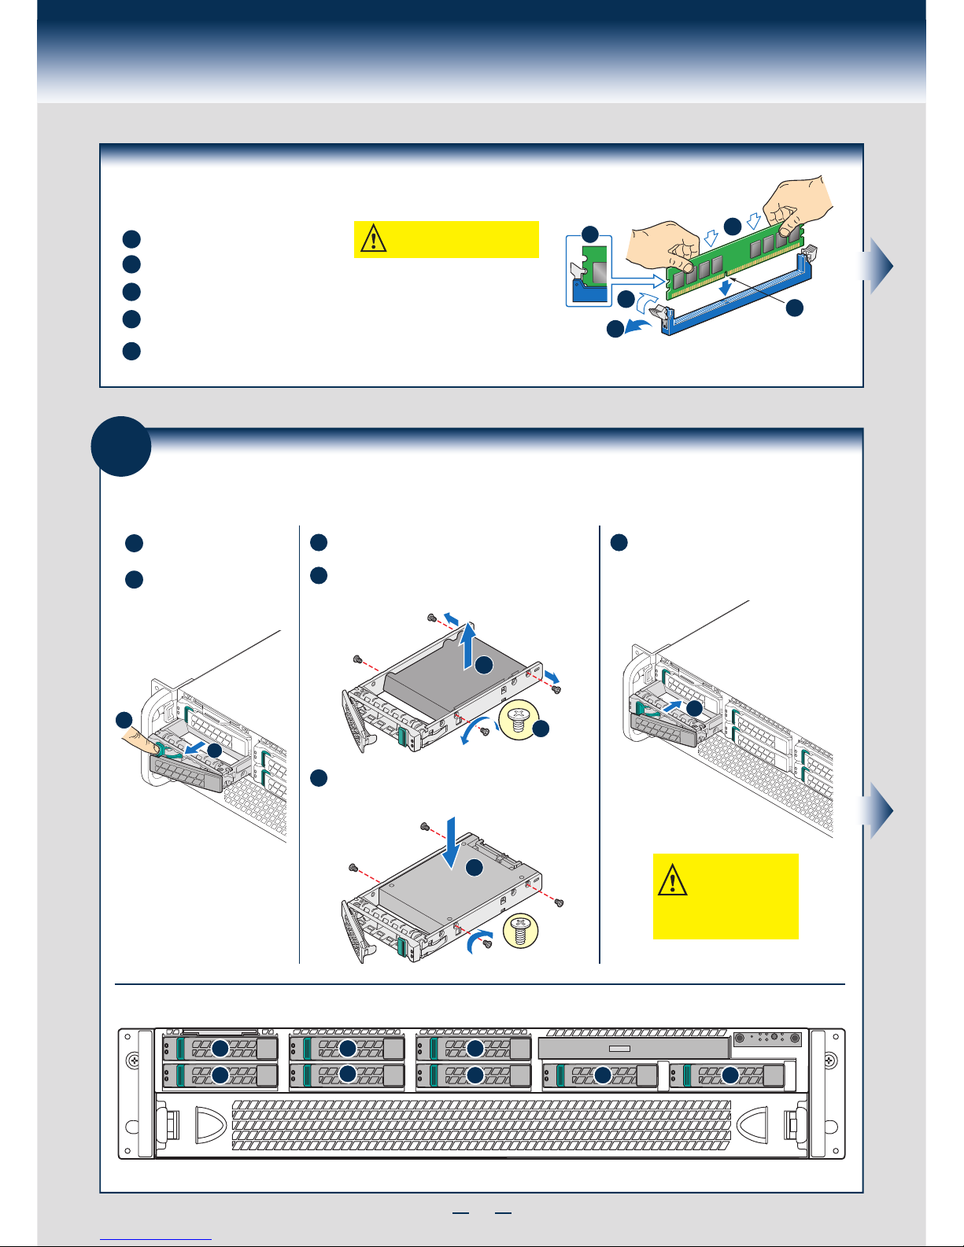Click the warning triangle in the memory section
click(x=374, y=238)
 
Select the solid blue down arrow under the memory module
click(x=725, y=289)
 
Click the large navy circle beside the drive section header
click(x=121, y=446)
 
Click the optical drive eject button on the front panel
click(x=620, y=1049)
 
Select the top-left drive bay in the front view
click(x=220, y=1048)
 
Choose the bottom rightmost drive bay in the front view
click(x=730, y=1075)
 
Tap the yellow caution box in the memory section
click(x=446, y=239)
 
